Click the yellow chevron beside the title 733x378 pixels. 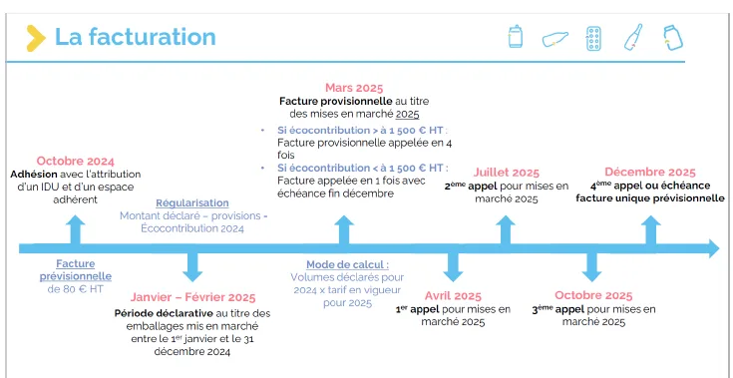click(x=36, y=38)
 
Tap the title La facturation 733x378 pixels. click(x=136, y=37)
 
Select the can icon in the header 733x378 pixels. click(x=516, y=37)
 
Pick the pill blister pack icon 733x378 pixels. click(x=593, y=38)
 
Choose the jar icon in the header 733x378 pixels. click(x=673, y=38)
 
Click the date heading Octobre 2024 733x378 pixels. click(x=75, y=162)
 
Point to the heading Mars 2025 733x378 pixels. click(x=354, y=88)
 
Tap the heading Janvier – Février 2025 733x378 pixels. click(x=192, y=297)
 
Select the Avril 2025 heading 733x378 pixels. click(x=453, y=296)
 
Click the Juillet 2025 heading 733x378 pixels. click(x=506, y=173)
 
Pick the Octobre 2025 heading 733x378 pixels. click(x=593, y=296)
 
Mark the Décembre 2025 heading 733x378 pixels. click(x=650, y=172)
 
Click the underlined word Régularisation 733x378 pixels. click(x=192, y=203)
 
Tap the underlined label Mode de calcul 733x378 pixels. click(x=347, y=265)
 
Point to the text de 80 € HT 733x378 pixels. click(x=75, y=289)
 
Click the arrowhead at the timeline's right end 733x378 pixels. click(x=714, y=248)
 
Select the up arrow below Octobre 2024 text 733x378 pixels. click(x=75, y=229)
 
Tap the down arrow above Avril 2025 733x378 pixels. click(x=453, y=267)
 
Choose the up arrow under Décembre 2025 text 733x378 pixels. click(x=650, y=229)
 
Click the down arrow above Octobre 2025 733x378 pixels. click(x=591, y=267)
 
